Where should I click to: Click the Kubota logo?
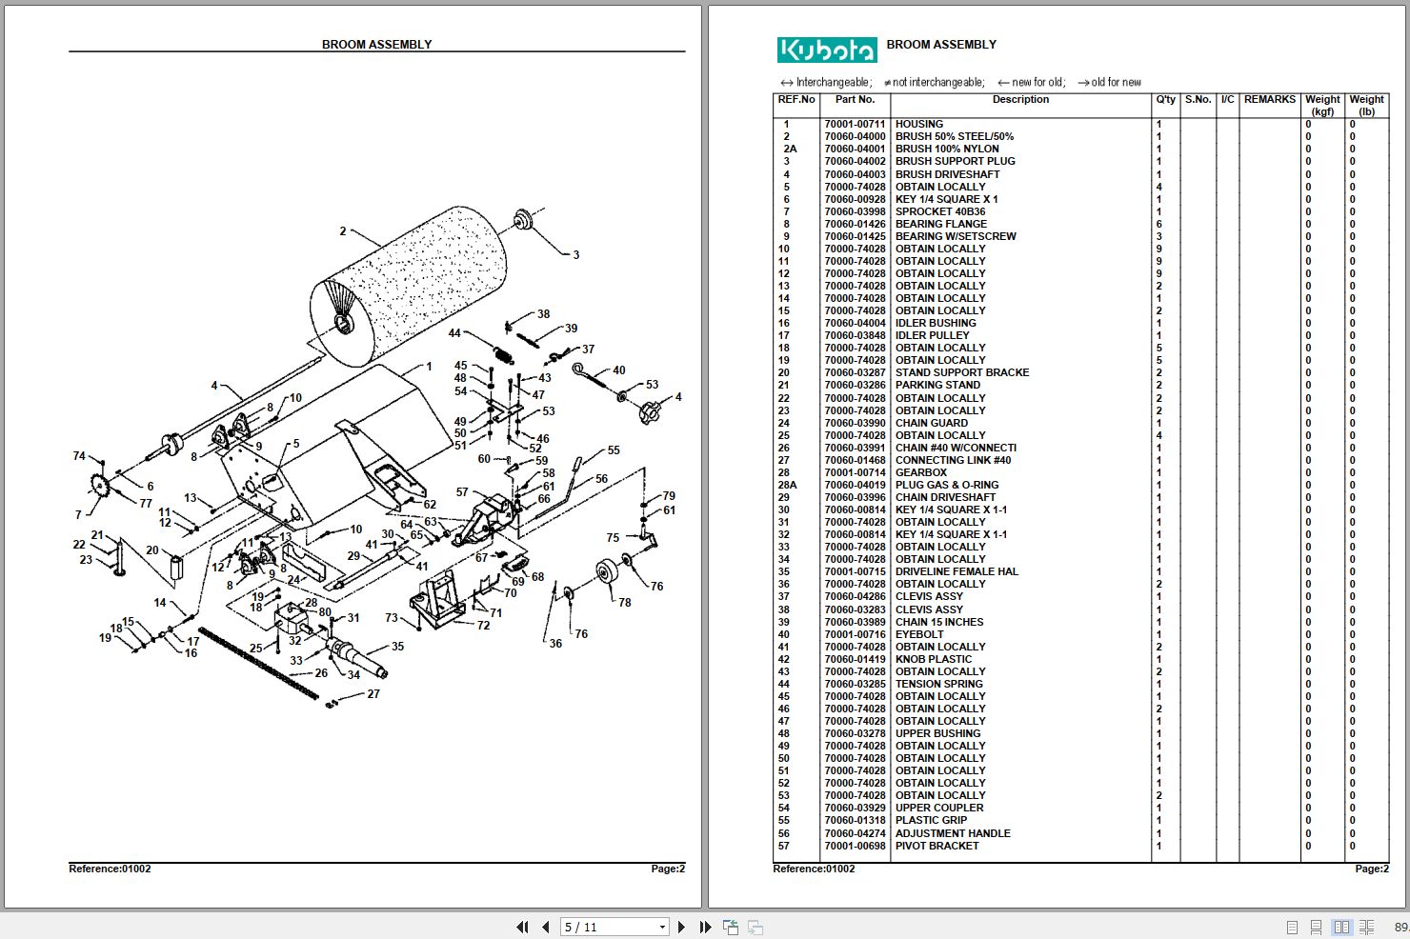coord(826,50)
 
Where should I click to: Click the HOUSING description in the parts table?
coord(918,124)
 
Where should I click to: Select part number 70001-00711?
coord(855,124)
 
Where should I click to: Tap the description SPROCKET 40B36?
coord(939,211)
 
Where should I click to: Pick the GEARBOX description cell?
coord(920,472)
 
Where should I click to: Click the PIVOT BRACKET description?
coord(937,846)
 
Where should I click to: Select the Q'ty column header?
coord(1165,100)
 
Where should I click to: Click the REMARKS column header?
coord(1269,100)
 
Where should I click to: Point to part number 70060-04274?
coord(855,833)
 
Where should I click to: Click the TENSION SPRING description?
coord(938,684)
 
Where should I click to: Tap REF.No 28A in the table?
coord(786,485)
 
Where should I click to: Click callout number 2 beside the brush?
coord(343,231)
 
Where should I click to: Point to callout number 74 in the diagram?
coord(79,456)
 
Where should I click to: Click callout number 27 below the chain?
coord(373,694)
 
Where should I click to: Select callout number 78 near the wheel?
coord(624,602)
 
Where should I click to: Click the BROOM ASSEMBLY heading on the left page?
coord(376,45)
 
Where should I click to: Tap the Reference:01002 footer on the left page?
coord(110,869)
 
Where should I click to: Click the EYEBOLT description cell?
coord(919,634)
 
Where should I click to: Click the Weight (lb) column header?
coord(1366,105)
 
